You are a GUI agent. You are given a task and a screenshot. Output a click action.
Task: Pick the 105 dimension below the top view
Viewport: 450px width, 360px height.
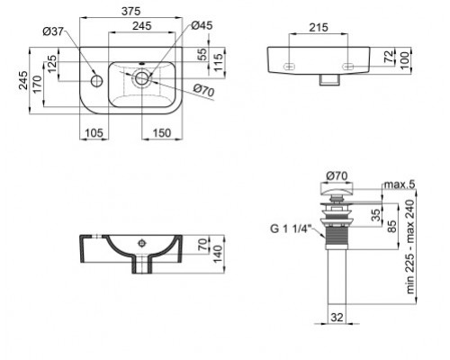pos(94,134)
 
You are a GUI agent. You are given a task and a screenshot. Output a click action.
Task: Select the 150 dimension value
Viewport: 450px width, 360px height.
pos(161,134)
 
